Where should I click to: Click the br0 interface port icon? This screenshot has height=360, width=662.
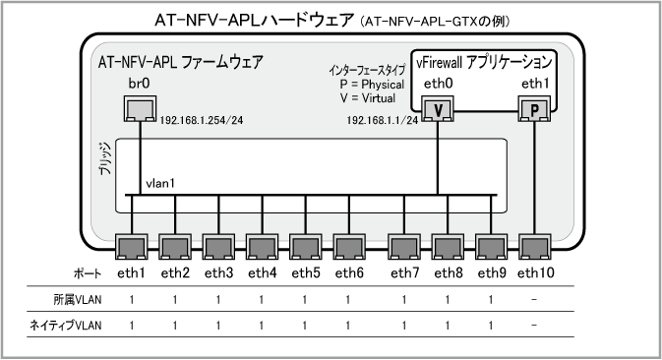pos(140,109)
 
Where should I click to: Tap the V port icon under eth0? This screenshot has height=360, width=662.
pos(438,109)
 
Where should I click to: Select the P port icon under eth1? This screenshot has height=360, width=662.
pos(534,109)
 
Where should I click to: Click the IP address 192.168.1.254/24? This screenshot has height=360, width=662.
pos(202,120)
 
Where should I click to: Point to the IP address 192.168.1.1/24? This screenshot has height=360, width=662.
pos(383,120)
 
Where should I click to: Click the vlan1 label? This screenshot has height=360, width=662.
pos(160,184)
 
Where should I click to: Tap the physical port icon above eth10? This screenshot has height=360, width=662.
pos(534,247)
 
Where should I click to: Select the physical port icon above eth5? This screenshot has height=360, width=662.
pos(306,247)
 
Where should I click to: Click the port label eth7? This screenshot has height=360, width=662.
pos(405,273)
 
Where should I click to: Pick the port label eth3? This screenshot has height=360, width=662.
pos(218,273)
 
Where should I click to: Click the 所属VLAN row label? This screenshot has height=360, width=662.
pos(78,300)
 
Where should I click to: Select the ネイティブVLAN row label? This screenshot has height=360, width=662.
pos(65,326)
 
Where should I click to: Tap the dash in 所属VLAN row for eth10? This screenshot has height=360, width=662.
pos(534,300)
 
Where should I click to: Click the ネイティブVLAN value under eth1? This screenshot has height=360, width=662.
pos(132,326)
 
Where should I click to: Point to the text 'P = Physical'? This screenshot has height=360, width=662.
pos(372,85)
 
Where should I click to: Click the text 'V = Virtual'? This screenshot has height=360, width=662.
pos(368,98)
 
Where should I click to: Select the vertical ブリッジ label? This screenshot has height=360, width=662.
pos(105,158)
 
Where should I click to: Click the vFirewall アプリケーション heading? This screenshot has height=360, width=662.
pos(484,63)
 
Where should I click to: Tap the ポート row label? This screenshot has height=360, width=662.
pos(88,273)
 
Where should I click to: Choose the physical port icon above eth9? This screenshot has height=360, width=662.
pos(492,247)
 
